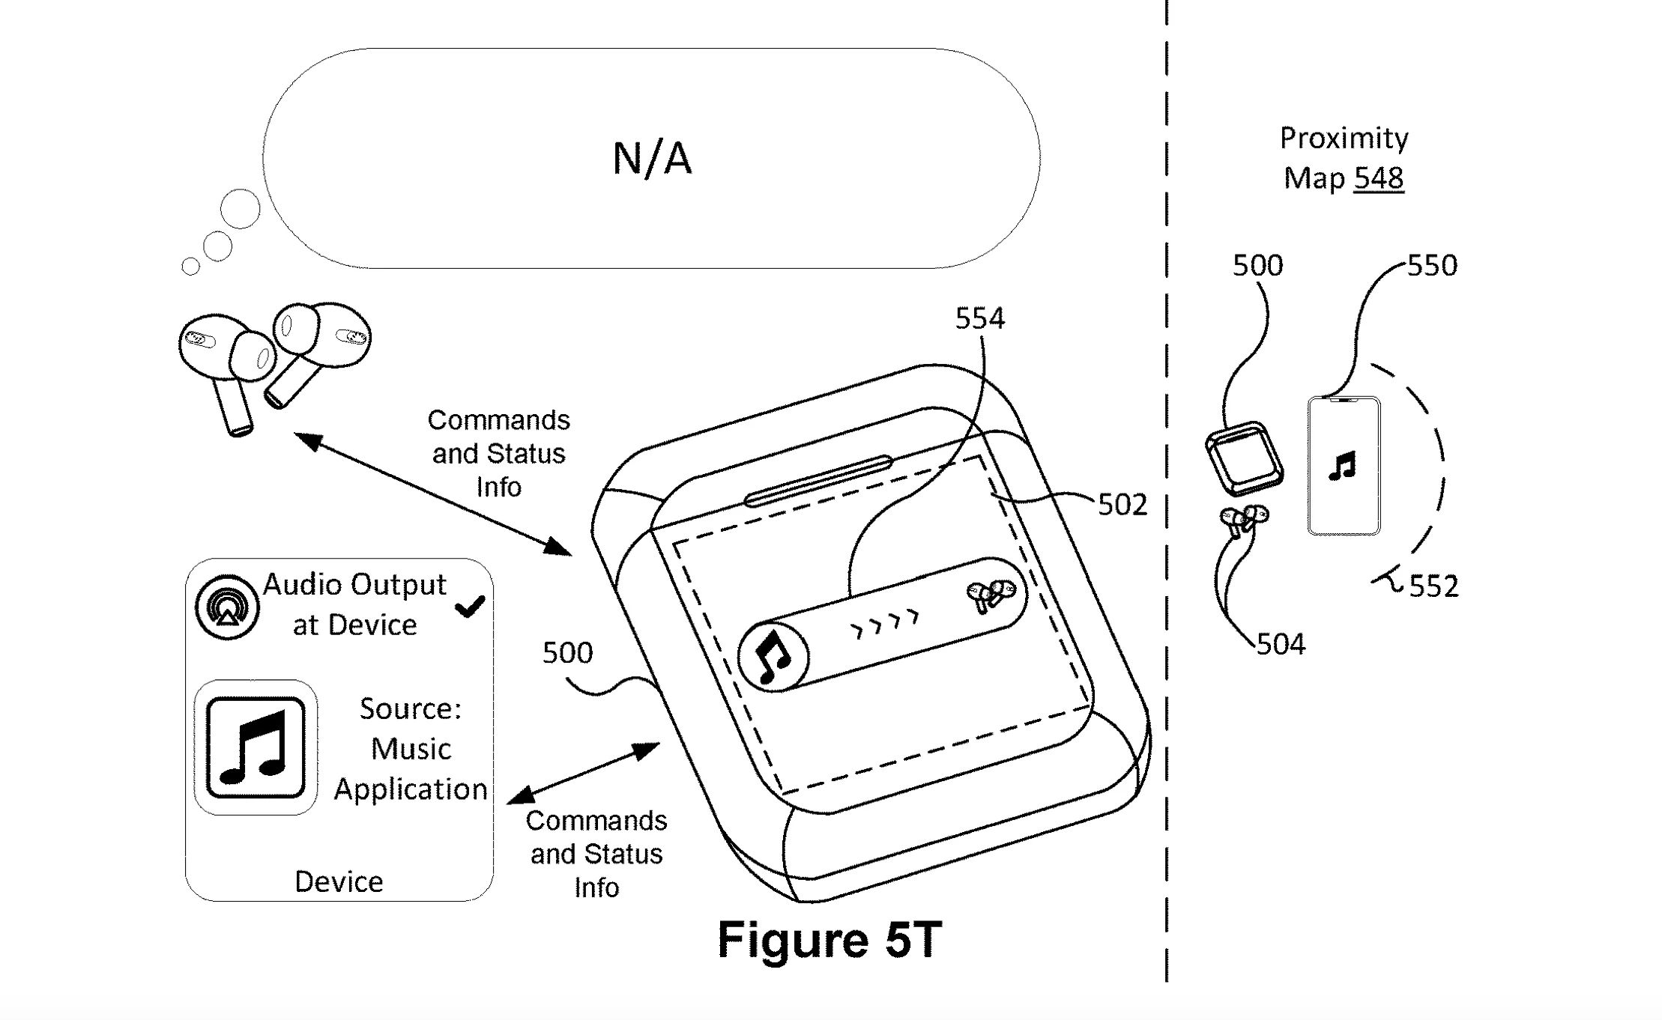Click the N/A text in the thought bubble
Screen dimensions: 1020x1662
tap(651, 159)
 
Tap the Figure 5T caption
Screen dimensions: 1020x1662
tap(829, 939)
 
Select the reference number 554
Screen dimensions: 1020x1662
tap(979, 319)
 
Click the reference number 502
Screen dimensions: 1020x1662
tap(1122, 506)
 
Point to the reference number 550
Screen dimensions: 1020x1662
tap(1432, 266)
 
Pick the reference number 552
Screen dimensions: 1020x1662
tap(1433, 586)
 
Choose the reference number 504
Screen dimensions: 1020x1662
tap(1281, 644)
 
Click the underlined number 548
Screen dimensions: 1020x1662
tap(1379, 178)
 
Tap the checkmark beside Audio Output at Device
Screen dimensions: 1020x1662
tap(470, 606)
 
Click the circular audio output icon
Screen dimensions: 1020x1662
tap(227, 607)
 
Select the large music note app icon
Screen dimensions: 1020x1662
tap(256, 747)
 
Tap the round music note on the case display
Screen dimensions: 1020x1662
tap(773, 657)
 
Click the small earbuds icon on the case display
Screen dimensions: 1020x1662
tap(991, 595)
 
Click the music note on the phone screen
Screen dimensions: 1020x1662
tap(1342, 466)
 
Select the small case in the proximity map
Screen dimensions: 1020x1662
tap(1243, 458)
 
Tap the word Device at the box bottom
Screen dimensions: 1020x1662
tap(339, 882)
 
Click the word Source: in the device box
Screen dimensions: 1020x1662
tap(410, 708)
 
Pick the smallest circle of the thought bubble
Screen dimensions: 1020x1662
tap(191, 267)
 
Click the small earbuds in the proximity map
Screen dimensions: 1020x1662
tap(1243, 518)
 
